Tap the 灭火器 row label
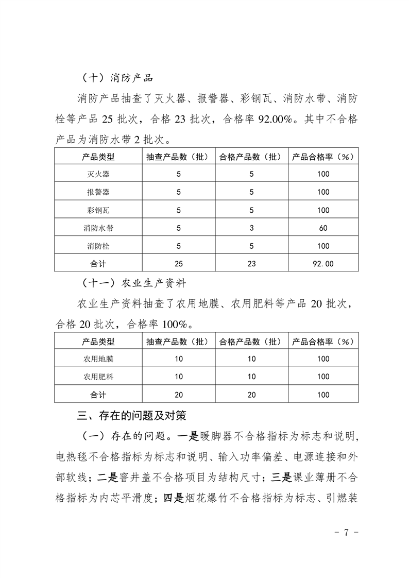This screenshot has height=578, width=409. click(98, 174)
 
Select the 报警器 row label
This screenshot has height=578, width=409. click(98, 192)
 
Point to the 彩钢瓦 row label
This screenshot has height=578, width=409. click(98, 210)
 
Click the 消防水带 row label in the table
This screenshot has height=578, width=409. click(98, 228)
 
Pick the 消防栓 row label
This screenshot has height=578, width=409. click(98, 246)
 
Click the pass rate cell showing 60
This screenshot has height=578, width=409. click(323, 228)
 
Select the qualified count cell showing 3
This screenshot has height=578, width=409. click(251, 228)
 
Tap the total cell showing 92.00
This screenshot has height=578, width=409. click(323, 264)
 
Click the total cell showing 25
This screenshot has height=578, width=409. click(179, 264)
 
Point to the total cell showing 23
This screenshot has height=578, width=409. click(251, 264)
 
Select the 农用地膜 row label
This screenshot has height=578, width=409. click(98, 359)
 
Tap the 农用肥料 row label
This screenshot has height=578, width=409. click(98, 377)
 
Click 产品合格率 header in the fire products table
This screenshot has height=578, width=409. click(323, 157)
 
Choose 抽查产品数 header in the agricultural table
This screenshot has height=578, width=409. click(179, 341)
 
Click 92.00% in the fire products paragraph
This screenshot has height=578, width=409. click(275, 120)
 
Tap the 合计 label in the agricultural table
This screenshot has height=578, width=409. click(98, 395)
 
